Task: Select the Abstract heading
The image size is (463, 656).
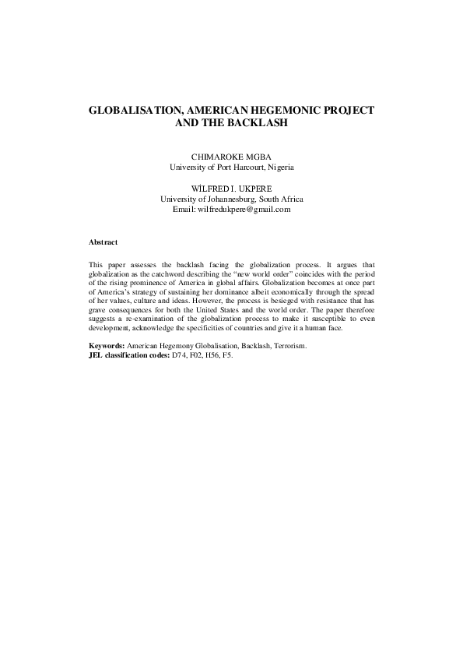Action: [103, 242]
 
